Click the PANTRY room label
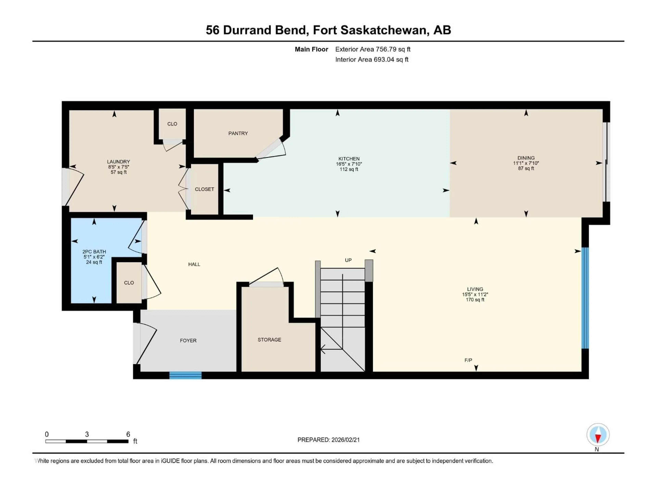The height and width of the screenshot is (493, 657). pyautogui.click(x=238, y=133)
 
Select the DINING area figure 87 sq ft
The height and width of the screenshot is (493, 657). pyautogui.click(x=526, y=168)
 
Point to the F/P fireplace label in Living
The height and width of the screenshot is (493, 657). pyautogui.click(x=468, y=360)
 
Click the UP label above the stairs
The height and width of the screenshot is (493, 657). pyautogui.click(x=348, y=260)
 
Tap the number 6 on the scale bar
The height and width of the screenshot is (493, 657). pyautogui.click(x=128, y=434)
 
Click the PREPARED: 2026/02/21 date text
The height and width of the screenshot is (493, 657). pyautogui.click(x=328, y=440)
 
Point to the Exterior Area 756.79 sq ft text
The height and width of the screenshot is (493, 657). pyautogui.click(x=373, y=49)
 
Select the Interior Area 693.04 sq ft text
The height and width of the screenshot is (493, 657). pyautogui.click(x=372, y=59)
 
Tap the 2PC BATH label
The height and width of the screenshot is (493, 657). pyautogui.click(x=94, y=252)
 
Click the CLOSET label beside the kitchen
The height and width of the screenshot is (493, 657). pyautogui.click(x=204, y=189)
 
